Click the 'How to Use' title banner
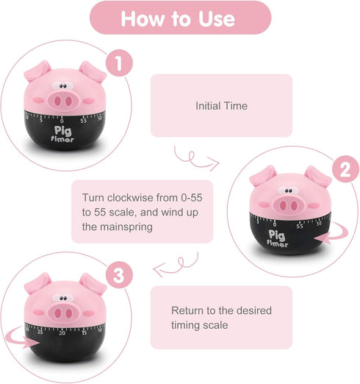point(179,18)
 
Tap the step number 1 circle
point(115,63)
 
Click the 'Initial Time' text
point(221,106)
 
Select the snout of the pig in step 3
point(64,310)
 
